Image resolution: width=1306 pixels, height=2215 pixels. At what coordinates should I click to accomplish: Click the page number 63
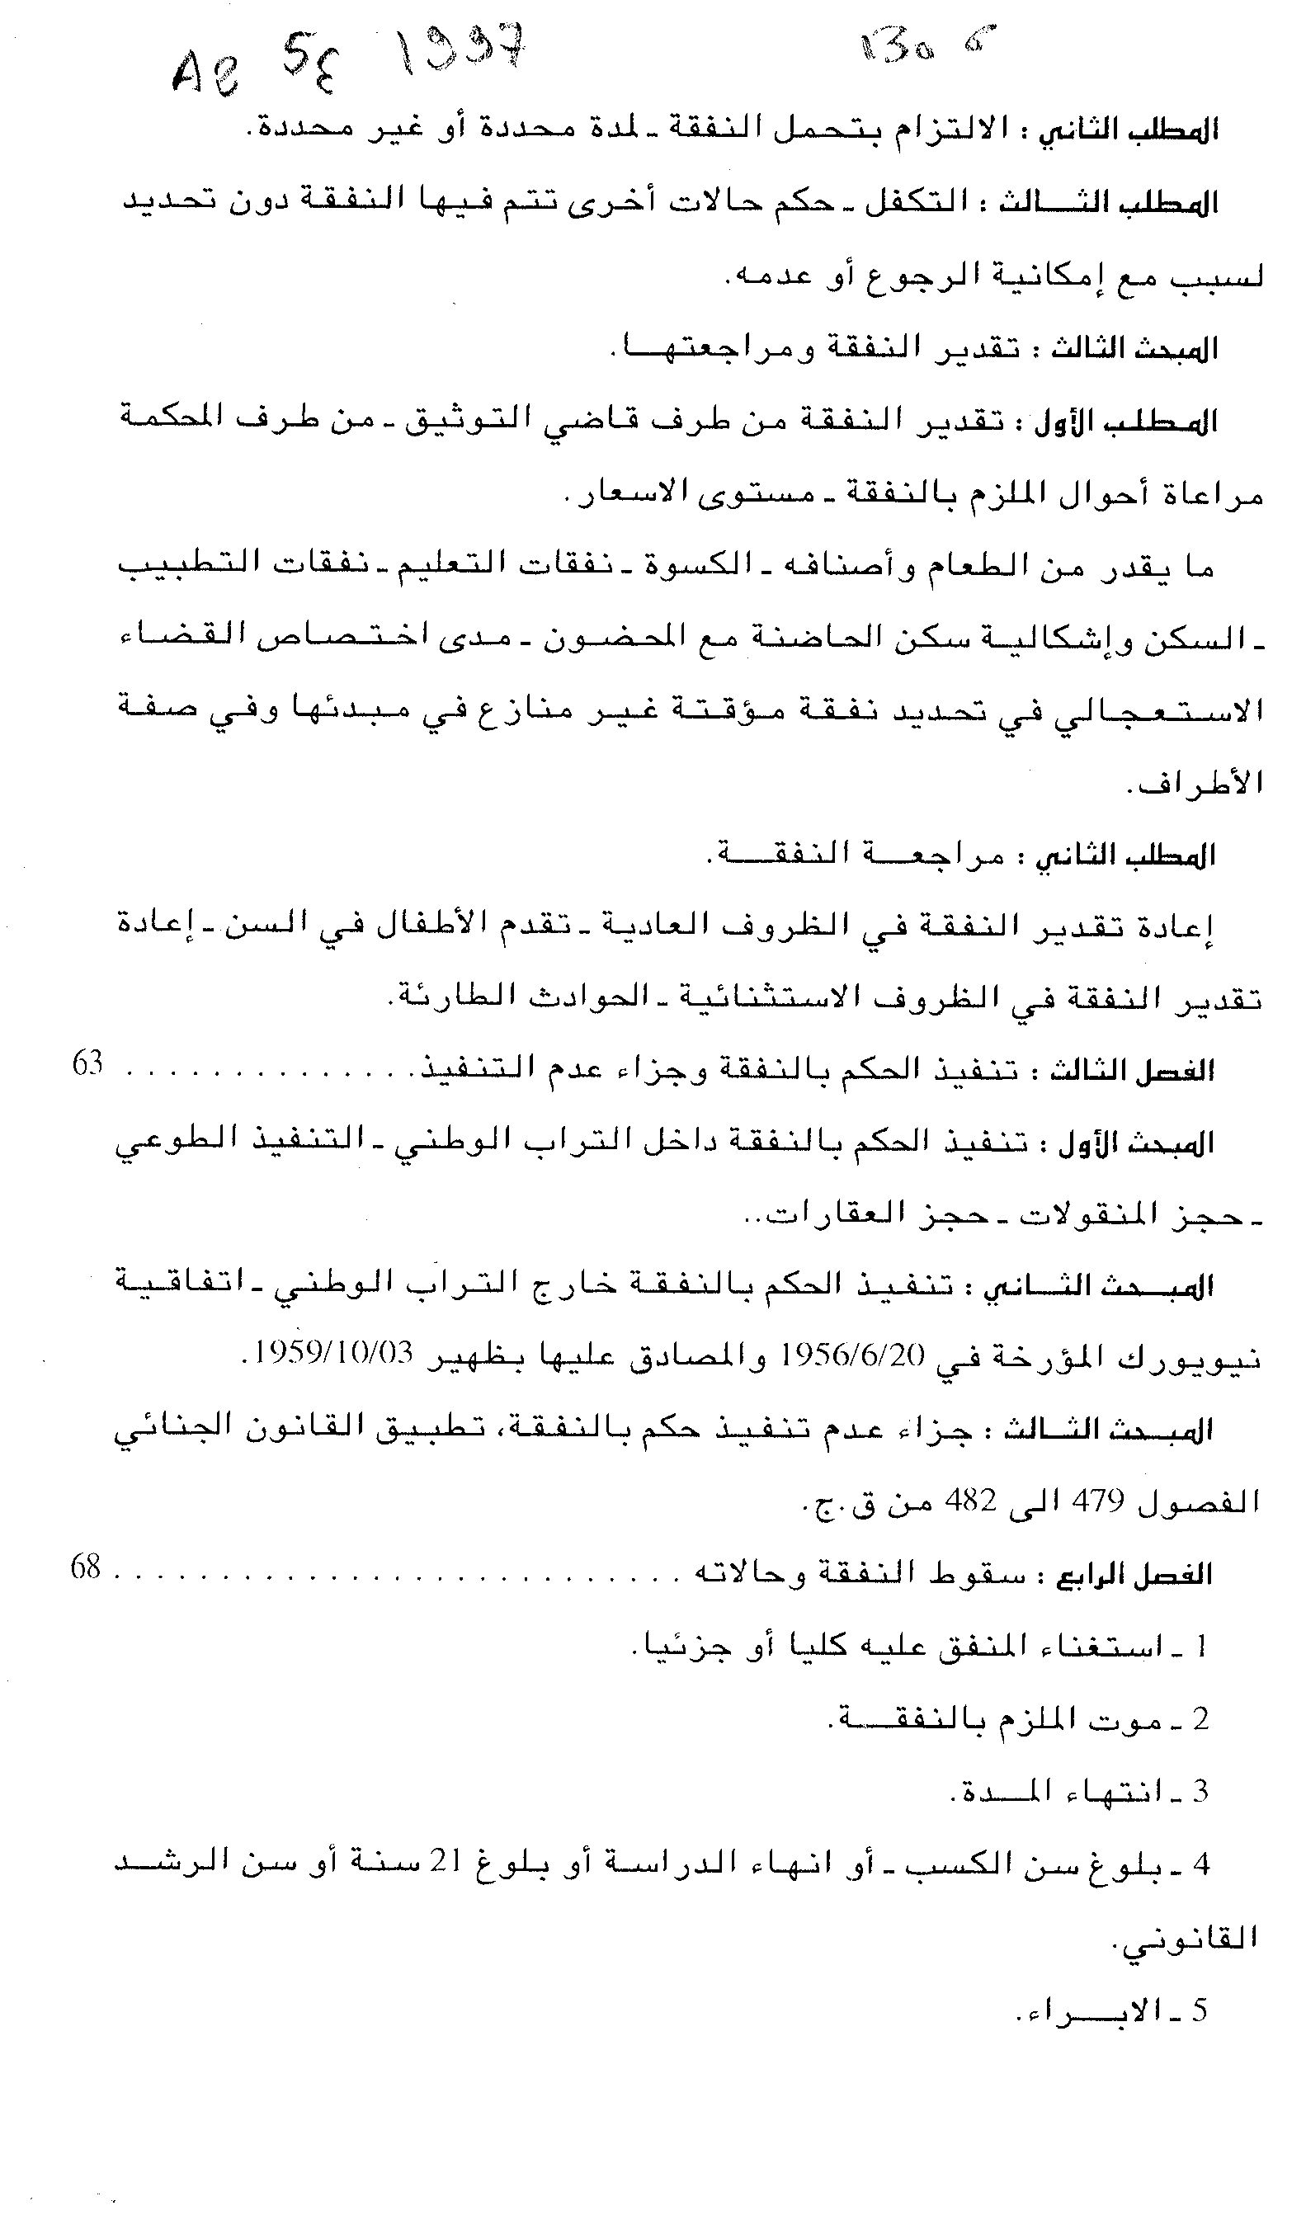coord(87,1064)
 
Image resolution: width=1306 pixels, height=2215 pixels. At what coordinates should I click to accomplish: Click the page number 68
coord(87,1567)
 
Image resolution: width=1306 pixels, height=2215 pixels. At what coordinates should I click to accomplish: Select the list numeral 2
coord(1200,1718)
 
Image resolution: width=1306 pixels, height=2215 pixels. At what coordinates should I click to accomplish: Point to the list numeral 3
coord(1200,1791)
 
